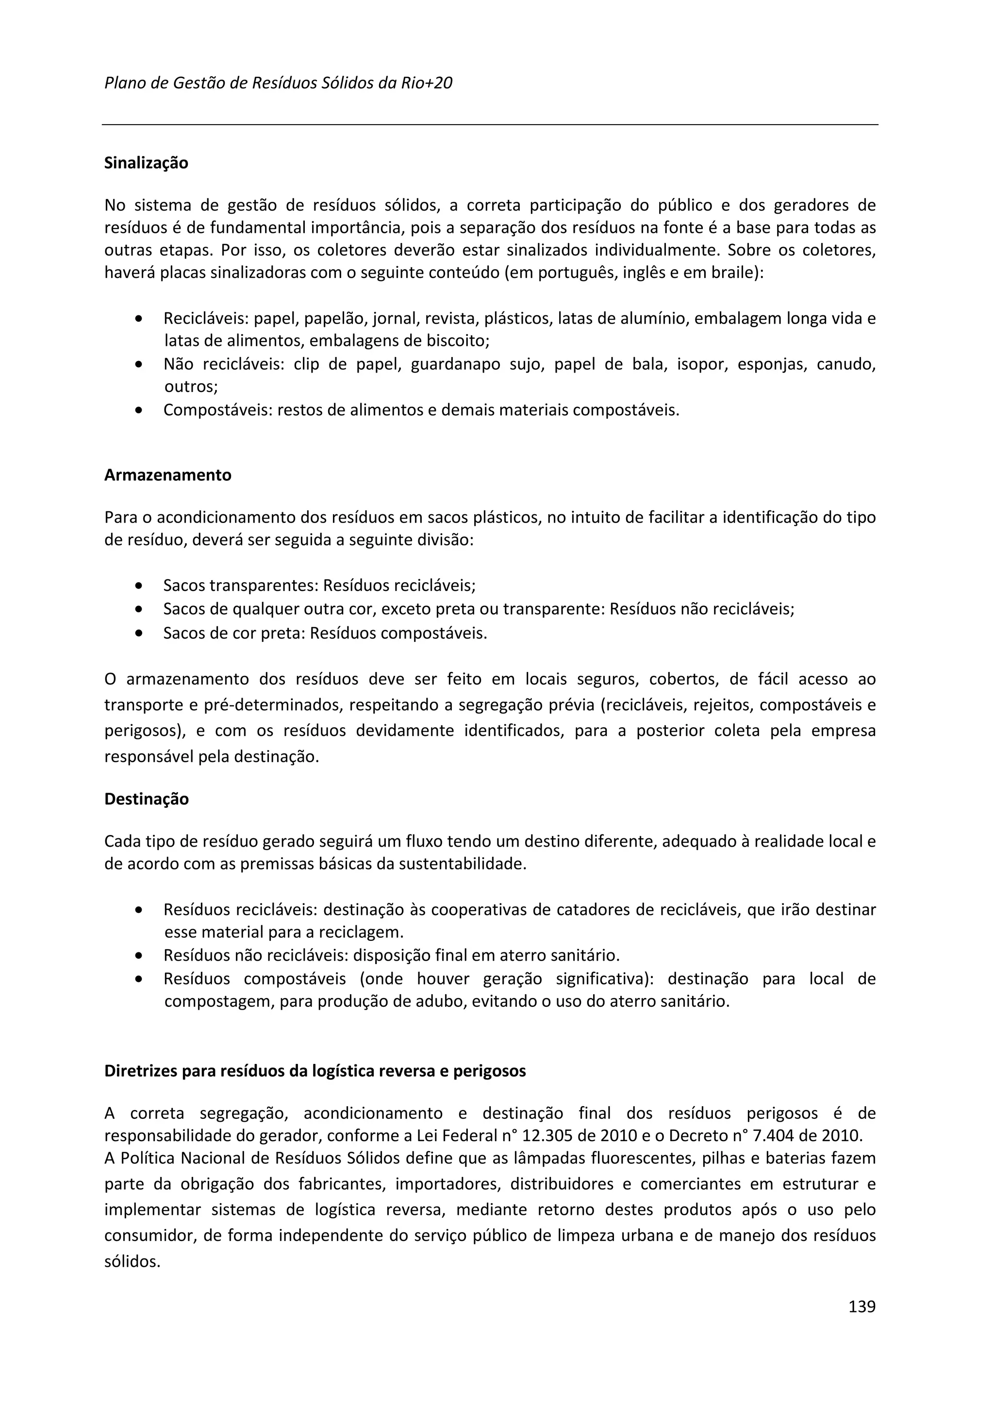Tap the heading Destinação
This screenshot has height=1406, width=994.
click(147, 800)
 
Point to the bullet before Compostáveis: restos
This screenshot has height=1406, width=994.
click(140, 411)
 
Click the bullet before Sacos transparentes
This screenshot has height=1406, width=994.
click(140, 586)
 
